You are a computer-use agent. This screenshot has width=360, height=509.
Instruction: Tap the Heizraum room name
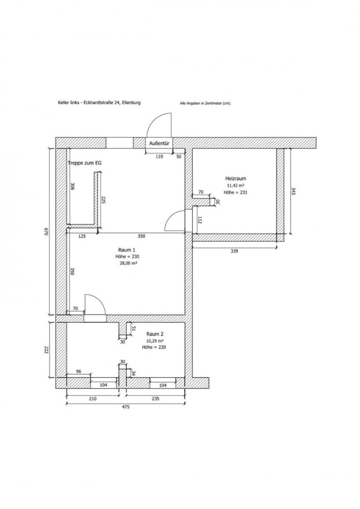point(236,178)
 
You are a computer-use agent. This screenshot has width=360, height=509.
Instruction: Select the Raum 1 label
point(127,250)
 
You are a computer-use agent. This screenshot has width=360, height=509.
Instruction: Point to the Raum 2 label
point(155,334)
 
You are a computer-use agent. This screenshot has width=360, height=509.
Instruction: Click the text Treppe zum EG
point(85,163)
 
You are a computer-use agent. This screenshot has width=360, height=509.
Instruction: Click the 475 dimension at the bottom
point(126,407)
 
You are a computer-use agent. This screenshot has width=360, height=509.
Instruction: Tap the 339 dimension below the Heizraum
point(234,251)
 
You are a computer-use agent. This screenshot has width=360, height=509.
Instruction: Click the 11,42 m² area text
point(236,185)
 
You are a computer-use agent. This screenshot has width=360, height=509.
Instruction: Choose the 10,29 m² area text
point(155,341)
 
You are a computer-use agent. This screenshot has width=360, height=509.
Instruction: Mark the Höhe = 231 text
point(236,192)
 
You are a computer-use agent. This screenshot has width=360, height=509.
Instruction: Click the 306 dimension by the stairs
point(72,186)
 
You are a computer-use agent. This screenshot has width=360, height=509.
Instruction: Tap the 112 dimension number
point(200,220)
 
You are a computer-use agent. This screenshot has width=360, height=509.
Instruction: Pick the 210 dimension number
point(93,399)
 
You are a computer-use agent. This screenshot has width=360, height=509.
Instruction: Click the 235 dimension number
point(155,399)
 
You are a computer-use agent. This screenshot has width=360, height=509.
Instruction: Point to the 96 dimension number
point(79,371)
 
